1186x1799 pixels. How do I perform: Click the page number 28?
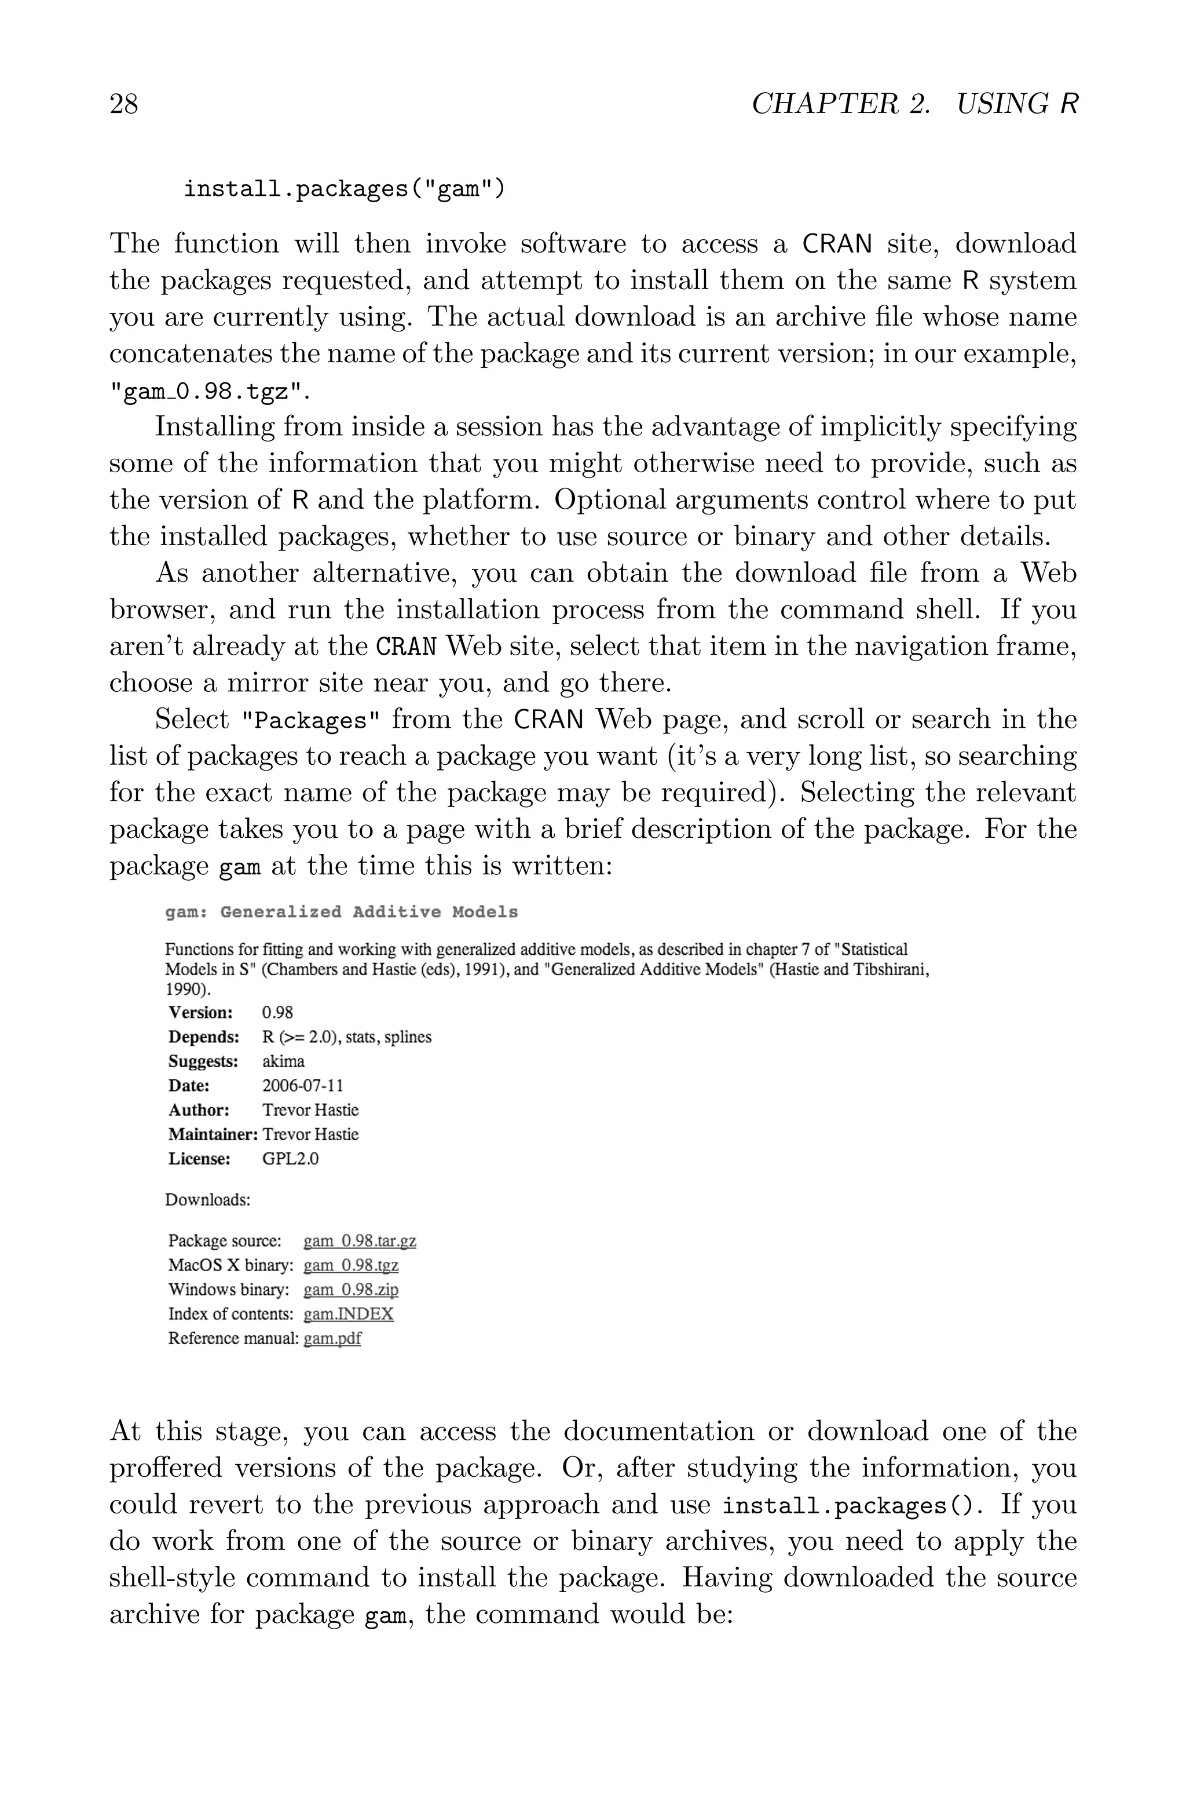[x=124, y=104]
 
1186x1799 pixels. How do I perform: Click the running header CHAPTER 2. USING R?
[x=914, y=104]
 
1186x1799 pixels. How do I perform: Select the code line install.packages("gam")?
[x=343, y=188]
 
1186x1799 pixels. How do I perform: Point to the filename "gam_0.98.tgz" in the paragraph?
[x=210, y=391]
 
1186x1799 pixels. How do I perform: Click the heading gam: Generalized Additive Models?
[x=341, y=911]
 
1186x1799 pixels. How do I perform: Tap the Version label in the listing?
[x=200, y=1012]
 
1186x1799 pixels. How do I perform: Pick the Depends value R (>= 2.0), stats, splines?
[x=346, y=1037]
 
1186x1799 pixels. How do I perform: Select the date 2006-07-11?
[x=302, y=1086]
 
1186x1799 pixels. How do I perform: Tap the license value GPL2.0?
[x=291, y=1158]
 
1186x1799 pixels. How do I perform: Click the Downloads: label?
[x=207, y=1200]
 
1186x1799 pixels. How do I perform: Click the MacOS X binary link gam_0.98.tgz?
[x=351, y=1265]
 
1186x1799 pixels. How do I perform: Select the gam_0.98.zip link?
[x=351, y=1289]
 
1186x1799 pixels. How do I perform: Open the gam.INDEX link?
[x=349, y=1314]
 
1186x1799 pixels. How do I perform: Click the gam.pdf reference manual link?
[x=332, y=1338]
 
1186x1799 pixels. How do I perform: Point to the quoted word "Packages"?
[x=310, y=720]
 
